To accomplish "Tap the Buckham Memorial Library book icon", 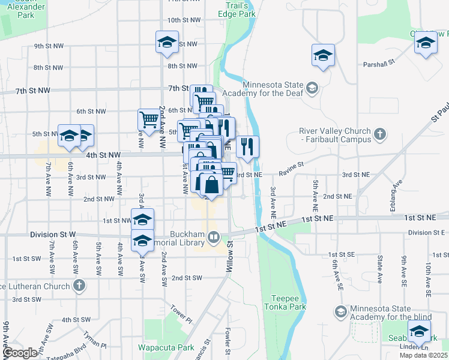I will tap(213, 239).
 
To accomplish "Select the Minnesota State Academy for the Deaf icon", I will tap(312, 89).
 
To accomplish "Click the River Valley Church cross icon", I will tap(378, 133).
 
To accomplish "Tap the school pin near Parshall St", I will tap(323, 56).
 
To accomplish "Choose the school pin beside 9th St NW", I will tap(167, 42).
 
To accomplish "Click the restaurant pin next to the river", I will tap(247, 146).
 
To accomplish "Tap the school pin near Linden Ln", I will tap(419, 332).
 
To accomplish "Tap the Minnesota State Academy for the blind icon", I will tap(341, 311).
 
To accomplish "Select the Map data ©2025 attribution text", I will tap(424, 355).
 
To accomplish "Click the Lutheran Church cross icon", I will tap(78, 286).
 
